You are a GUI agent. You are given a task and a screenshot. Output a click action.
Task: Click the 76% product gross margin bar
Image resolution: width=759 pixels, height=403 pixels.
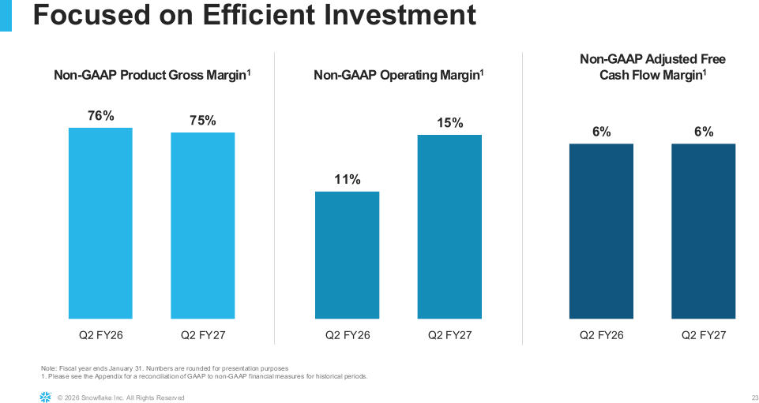100,223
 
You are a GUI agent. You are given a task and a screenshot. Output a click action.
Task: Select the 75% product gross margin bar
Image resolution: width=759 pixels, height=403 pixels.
203,226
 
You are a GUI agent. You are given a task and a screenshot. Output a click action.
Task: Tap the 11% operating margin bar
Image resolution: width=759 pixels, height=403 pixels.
347,256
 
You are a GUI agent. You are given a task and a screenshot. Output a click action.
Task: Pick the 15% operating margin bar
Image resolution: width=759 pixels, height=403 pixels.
449,226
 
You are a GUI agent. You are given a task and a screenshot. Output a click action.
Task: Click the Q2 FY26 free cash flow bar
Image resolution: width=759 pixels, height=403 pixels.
601,231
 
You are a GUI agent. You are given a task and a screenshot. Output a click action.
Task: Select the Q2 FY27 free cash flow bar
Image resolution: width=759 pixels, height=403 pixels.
704,231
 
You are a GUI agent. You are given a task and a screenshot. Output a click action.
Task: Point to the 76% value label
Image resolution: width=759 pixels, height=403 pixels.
100,116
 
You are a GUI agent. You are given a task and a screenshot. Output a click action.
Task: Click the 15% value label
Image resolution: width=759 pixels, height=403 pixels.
450,123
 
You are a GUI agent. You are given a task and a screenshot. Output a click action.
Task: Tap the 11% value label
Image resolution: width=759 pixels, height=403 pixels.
348,180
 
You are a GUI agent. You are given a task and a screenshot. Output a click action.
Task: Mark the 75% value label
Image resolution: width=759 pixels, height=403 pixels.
203,121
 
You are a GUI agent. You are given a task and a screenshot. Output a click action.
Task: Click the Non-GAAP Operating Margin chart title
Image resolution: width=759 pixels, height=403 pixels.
399,76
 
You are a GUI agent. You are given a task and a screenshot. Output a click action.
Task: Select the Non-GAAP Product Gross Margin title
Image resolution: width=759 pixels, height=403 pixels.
152,76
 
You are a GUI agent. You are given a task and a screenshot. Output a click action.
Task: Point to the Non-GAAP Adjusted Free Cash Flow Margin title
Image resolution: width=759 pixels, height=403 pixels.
652,67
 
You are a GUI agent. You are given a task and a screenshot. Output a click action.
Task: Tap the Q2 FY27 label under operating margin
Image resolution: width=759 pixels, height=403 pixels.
449,335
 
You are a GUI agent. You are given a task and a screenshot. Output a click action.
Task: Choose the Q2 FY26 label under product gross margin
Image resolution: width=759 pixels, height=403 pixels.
100,335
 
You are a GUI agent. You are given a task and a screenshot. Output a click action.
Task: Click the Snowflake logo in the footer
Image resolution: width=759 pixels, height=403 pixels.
45,397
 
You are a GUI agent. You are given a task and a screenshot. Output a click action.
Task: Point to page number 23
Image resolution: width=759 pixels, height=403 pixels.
755,397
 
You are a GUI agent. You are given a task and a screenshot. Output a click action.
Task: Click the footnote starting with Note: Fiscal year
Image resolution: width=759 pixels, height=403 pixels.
165,368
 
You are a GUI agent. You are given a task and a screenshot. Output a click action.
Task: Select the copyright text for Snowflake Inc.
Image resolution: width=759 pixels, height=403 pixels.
121,397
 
